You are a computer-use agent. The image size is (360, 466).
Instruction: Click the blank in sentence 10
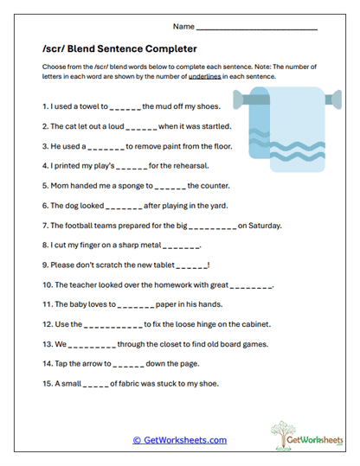[x=251, y=284]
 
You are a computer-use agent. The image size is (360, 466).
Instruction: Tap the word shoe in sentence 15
[x=205, y=383]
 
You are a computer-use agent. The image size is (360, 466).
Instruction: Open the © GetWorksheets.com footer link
[x=180, y=439]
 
